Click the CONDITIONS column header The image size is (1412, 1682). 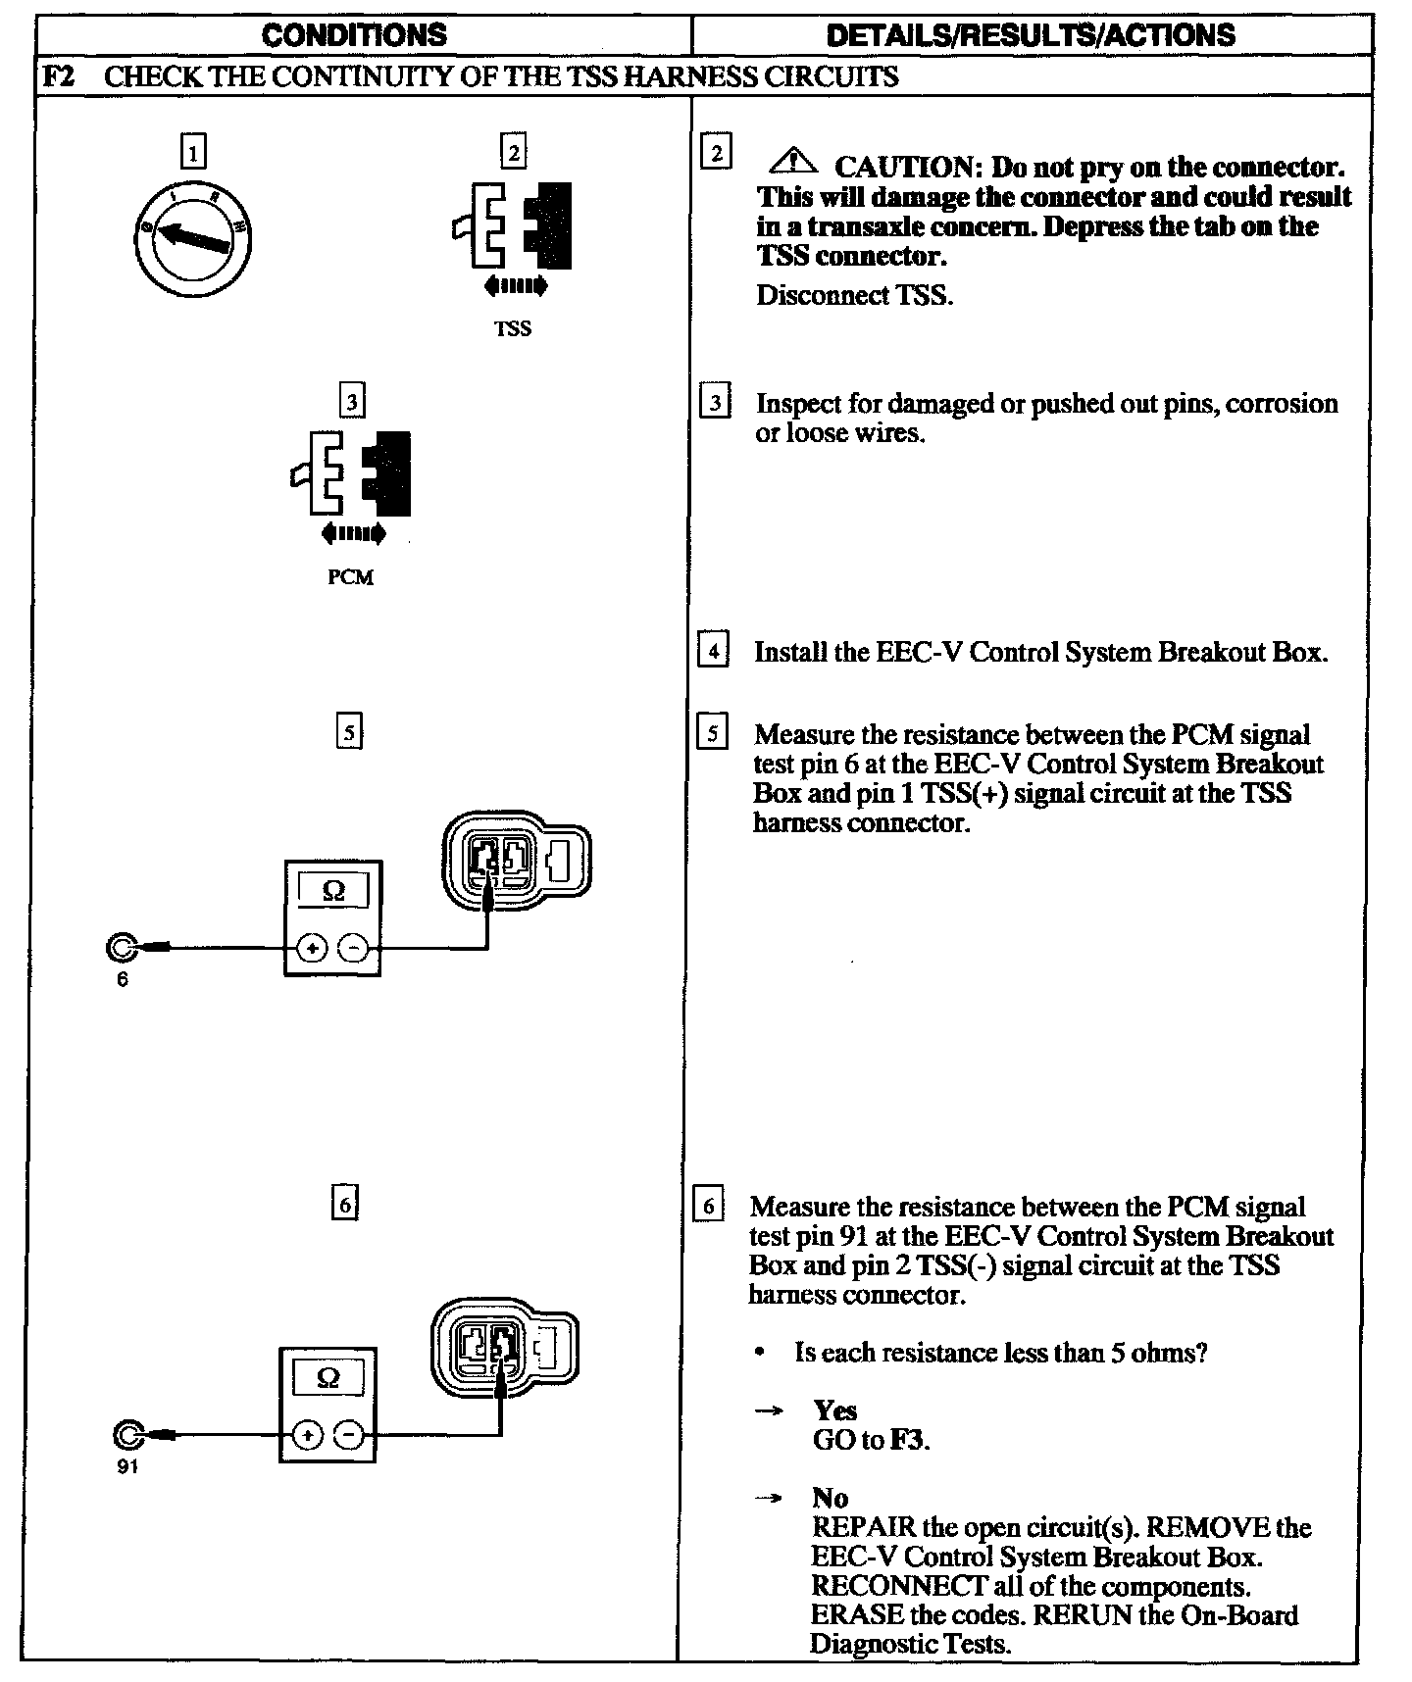(x=354, y=35)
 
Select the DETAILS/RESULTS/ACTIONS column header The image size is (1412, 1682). (x=1031, y=35)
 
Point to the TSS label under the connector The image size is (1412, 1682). (x=513, y=329)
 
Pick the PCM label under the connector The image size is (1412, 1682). (x=350, y=578)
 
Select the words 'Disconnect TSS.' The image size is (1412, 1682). (x=854, y=295)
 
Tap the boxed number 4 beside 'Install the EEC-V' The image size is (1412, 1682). (x=713, y=651)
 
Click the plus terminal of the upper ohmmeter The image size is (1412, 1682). (x=312, y=948)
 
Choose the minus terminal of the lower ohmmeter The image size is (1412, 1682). (x=349, y=1435)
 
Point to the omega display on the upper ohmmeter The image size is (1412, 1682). (x=333, y=891)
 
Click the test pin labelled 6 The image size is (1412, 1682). (x=122, y=948)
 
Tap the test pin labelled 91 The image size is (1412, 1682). (x=127, y=1435)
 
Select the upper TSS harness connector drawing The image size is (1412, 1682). (x=516, y=859)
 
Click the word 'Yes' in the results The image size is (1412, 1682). (x=834, y=1410)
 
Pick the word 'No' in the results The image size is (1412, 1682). (x=830, y=1498)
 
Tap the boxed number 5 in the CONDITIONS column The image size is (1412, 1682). (x=349, y=732)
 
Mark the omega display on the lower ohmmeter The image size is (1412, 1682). (x=328, y=1378)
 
